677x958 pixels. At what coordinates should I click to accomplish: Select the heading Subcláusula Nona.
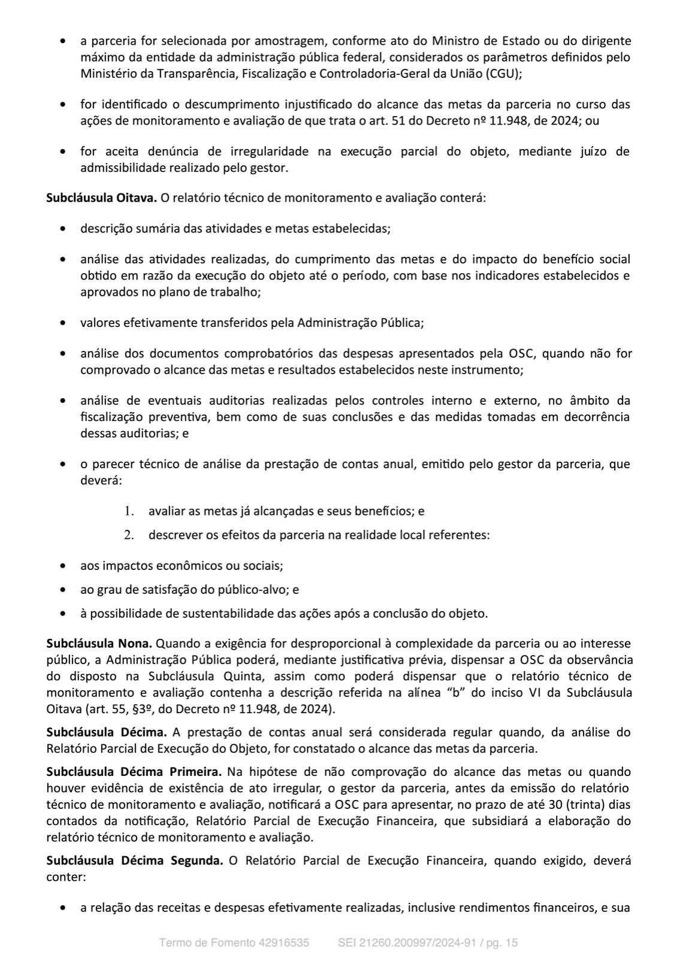[x=99, y=644]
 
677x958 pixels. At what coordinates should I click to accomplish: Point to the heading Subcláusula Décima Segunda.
[x=135, y=860]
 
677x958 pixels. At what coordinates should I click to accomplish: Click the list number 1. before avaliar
[x=128, y=511]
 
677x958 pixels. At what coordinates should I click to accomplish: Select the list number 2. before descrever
[x=128, y=535]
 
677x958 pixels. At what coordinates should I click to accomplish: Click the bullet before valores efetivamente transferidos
[x=64, y=323]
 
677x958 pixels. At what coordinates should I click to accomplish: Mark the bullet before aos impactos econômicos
[x=64, y=566]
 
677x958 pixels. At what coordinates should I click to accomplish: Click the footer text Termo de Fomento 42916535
[x=234, y=943]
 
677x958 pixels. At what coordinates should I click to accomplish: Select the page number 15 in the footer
[x=512, y=943]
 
